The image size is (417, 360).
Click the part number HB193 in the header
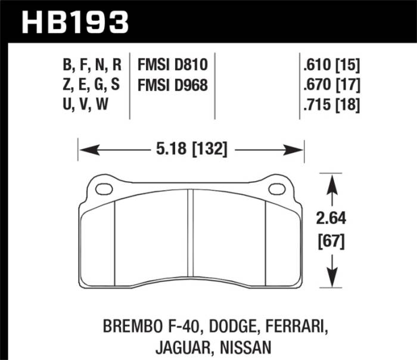[75, 22]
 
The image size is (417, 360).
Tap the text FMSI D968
[173, 85]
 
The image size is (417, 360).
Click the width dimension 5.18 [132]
[191, 150]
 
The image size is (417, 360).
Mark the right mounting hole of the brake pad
[276, 189]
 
